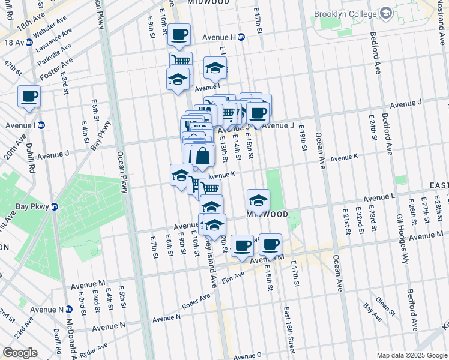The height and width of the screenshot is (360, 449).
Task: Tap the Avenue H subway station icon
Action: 241,37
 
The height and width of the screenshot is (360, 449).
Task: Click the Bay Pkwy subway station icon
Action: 55,207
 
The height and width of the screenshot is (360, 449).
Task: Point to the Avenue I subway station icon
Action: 41,125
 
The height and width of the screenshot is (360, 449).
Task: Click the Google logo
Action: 20,353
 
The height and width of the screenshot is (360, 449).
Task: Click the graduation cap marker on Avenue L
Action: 258,200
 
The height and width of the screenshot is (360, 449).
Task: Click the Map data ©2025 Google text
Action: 411,355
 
